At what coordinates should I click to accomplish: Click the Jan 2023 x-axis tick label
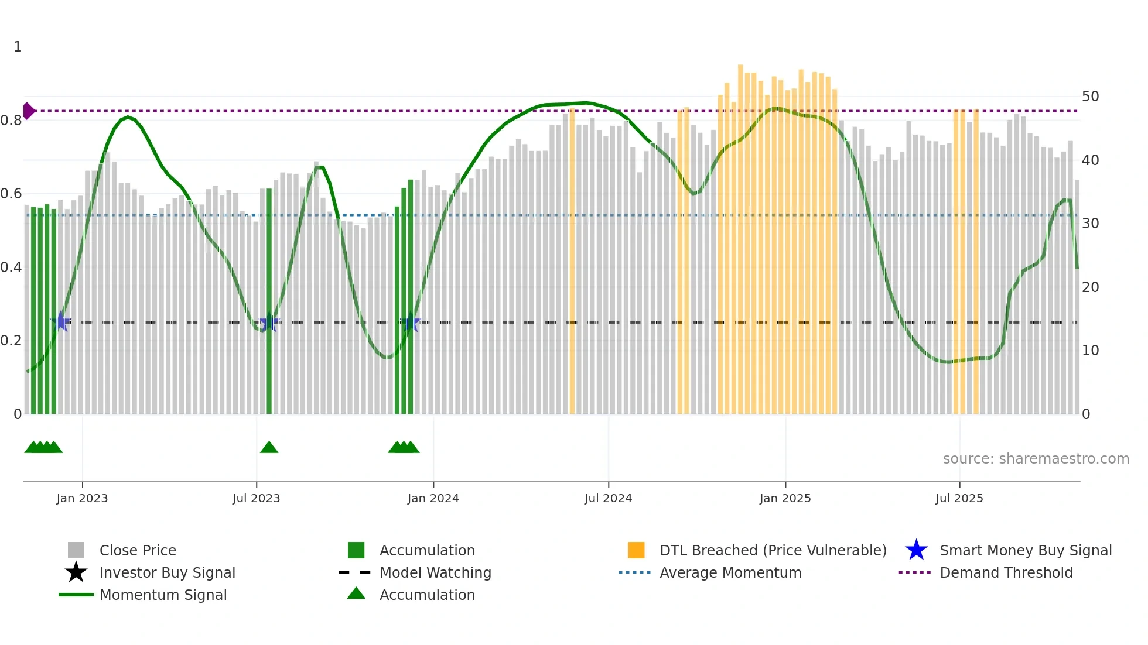pos(82,498)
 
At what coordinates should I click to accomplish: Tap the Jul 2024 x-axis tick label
pos(608,498)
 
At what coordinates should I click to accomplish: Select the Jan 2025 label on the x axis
pos(785,498)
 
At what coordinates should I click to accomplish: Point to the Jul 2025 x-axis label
pos(959,498)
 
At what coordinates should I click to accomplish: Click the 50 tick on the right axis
pos(1090,97)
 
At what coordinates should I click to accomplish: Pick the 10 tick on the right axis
pos(1090,351)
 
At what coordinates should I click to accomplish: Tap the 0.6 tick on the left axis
pos(12,194)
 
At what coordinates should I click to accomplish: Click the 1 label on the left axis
pos(18,47)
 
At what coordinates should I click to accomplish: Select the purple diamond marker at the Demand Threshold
pos(28,111)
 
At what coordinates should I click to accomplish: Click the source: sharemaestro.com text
pos(1036,459)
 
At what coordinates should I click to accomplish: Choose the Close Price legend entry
pos(138,550)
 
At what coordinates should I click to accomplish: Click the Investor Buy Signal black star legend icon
pos(76,572)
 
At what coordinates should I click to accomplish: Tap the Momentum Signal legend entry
pos(163,595)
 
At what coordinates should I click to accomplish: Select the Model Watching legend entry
pos(435,572)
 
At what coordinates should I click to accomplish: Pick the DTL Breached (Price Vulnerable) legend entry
pos(773,550)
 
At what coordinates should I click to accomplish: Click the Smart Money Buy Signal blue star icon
pos(916,550)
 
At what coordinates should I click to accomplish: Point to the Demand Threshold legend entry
pos(1006,572)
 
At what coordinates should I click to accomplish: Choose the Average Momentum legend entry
pos(730,572)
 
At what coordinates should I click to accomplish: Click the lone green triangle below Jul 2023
pos(269,448)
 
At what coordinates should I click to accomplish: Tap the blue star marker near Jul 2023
pos(269,322)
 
